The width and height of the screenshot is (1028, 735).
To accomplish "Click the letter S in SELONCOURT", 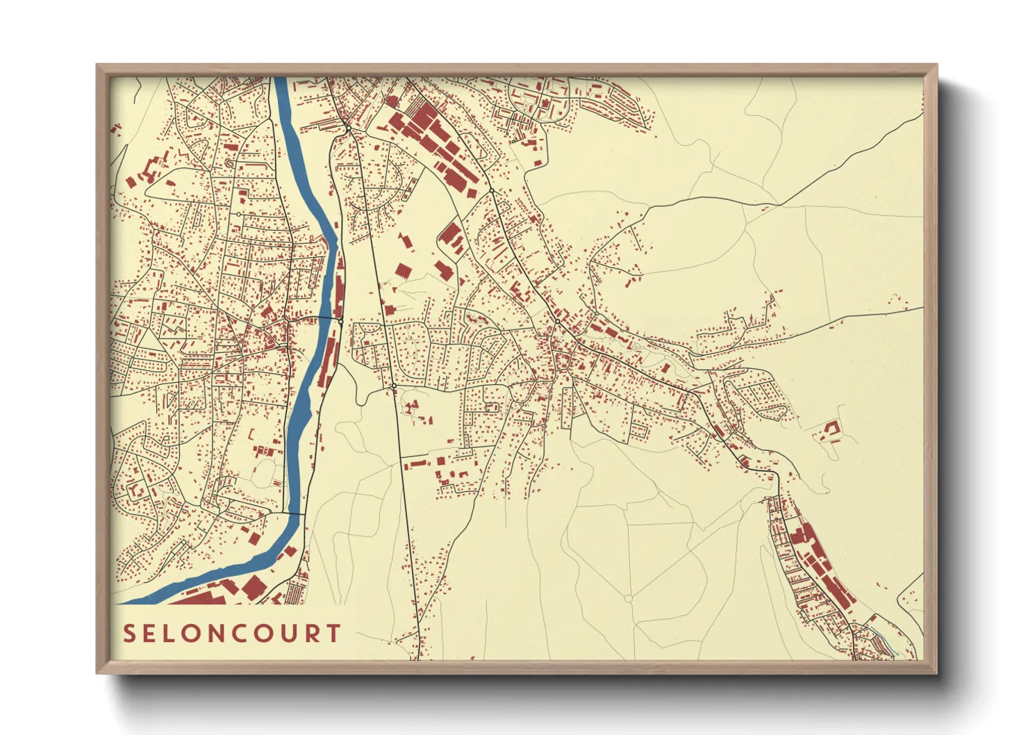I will [130, 634].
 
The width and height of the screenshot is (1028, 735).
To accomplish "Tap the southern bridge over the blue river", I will [296, 514].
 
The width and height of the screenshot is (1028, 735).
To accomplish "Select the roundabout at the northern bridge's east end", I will [341, 321].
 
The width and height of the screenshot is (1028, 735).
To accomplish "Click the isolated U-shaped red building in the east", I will [829, 431].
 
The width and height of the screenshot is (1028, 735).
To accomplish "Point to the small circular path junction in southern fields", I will [629, 598].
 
